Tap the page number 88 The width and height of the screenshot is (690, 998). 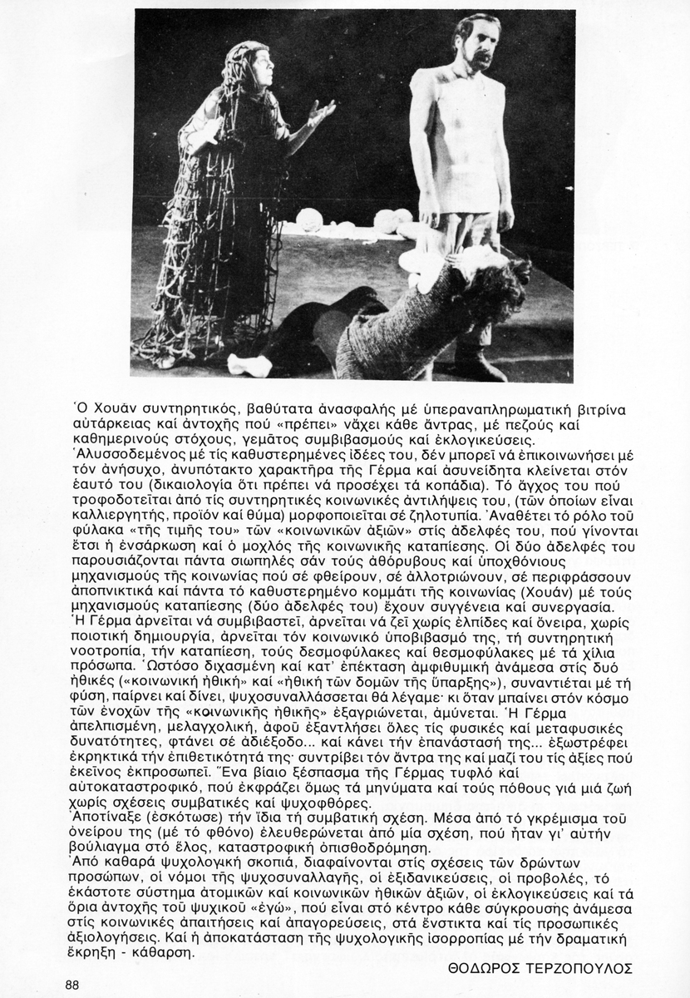pyautogui.click(x=71, y=985)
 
